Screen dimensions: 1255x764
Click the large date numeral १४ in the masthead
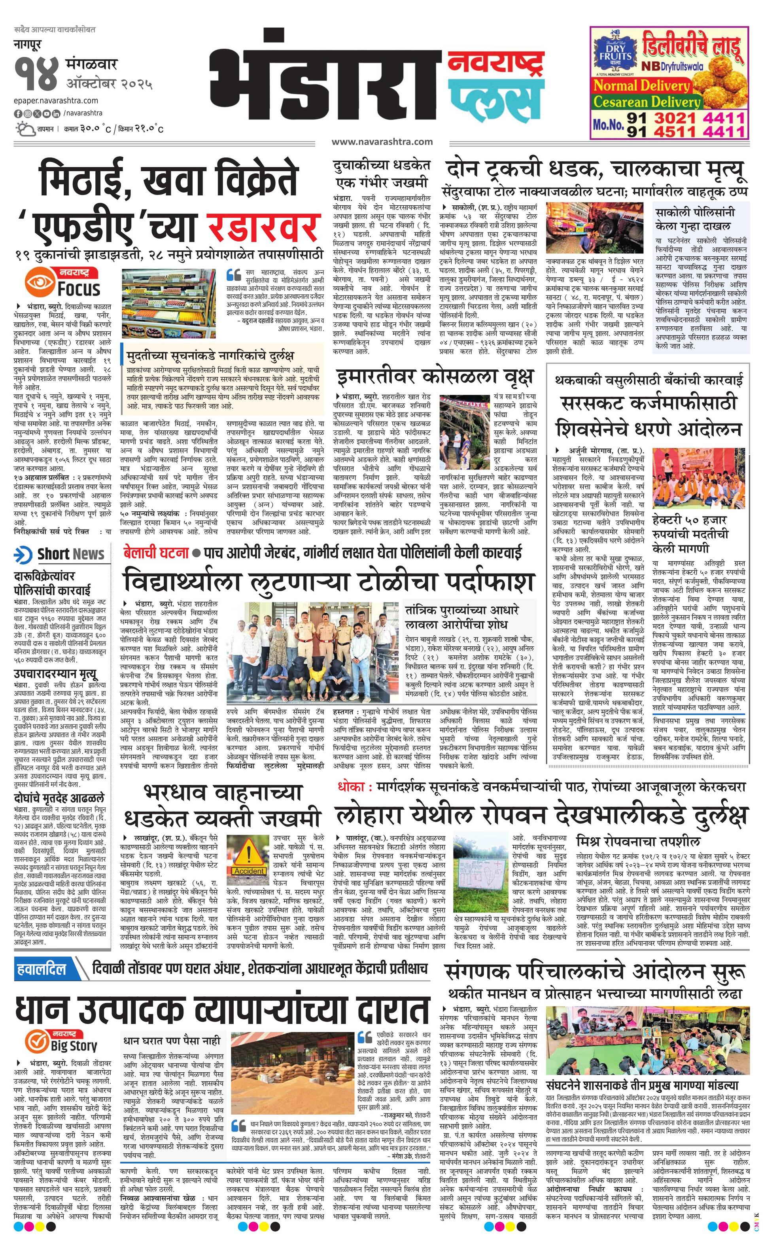click(37, 76)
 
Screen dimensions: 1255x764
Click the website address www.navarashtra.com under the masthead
click(382, 142)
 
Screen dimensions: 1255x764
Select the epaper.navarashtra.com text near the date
click(56, 100)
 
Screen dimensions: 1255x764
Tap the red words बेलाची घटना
click(154, 552)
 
